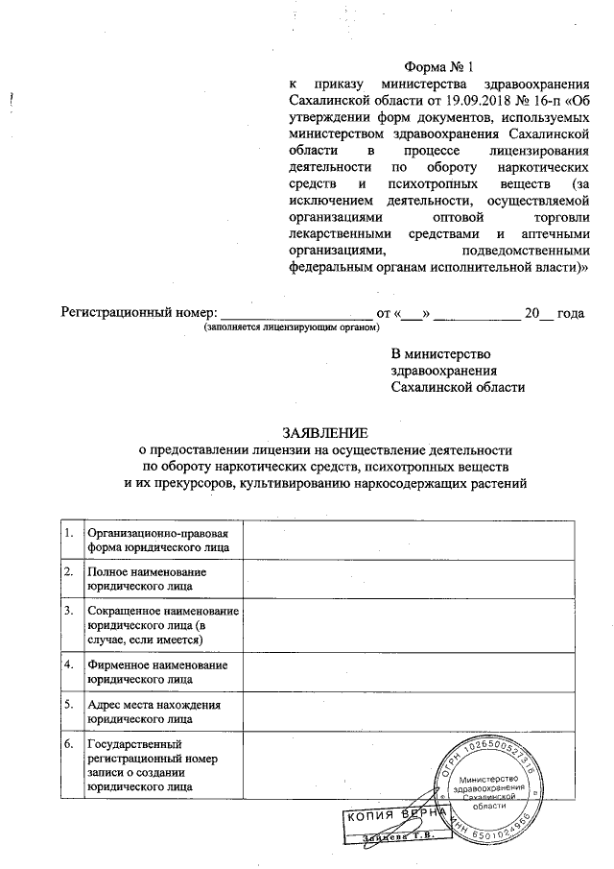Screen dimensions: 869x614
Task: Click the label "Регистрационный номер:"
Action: pos(140,313)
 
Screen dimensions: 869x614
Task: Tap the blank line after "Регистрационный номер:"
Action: pos(296,314)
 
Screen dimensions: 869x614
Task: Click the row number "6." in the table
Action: pos(68,744)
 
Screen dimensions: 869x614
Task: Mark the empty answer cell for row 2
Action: pos(408,578)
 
